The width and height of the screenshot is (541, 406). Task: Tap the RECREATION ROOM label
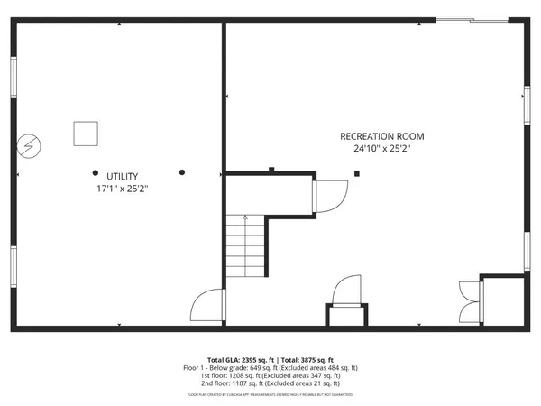(x=381, y=136)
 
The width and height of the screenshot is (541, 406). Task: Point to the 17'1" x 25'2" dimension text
(x=122, y=189)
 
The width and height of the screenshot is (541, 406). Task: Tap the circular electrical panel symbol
(x=30, y=144)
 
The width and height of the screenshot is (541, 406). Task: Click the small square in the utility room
(x=85, y=133)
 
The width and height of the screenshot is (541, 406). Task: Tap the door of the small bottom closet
(x=347, y=293)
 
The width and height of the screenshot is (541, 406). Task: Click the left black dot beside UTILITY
(x=95, y=172)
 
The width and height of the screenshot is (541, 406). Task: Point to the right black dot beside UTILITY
(x=181, y=172)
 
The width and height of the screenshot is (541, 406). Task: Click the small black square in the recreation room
(x=357, y=173)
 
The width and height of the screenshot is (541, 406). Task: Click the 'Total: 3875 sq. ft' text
(x=307, y=359)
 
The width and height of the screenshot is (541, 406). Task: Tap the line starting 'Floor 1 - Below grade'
(x=270, y=367)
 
